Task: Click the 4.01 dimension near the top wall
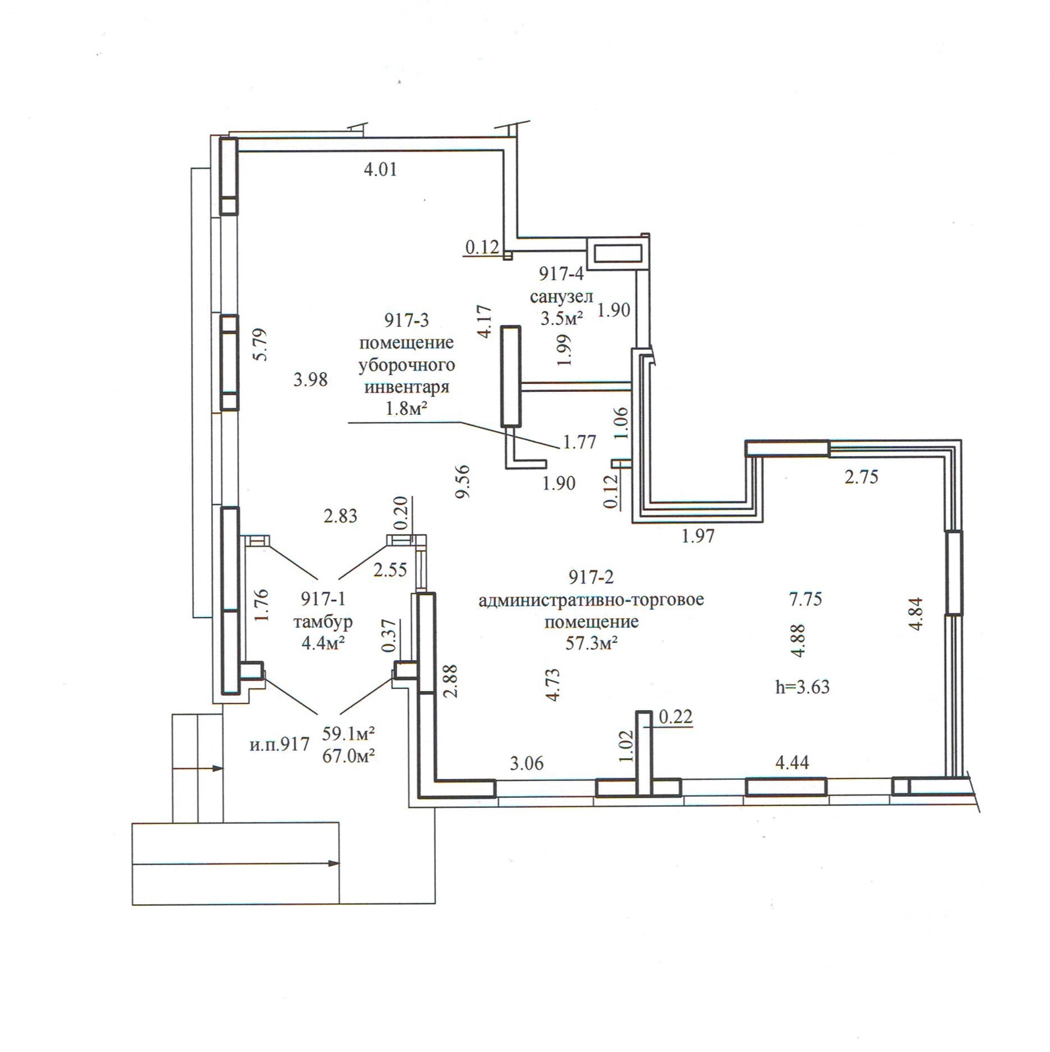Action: click(380, 170)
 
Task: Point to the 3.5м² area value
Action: click(562, 318)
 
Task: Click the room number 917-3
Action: click(406, 320)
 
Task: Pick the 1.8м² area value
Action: click(407, 408)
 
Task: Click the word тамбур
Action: click(323, 621)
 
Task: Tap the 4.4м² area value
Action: click(323, 642)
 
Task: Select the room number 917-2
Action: click(591, 577)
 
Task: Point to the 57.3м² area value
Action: click(591, 642)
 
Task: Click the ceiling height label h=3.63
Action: click(802, 687)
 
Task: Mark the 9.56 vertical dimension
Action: click(463, 481)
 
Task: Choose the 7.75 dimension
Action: click(805, 599)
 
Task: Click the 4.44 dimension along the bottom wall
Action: click(792, 763)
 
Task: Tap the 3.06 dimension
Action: click(527, 763)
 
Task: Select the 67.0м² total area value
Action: click(348, 756)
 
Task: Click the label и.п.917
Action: click(279, 745)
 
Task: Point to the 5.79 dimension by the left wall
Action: click(261, 344)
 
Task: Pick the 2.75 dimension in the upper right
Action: click(861, 477)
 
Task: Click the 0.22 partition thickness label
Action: click(675, 717)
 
